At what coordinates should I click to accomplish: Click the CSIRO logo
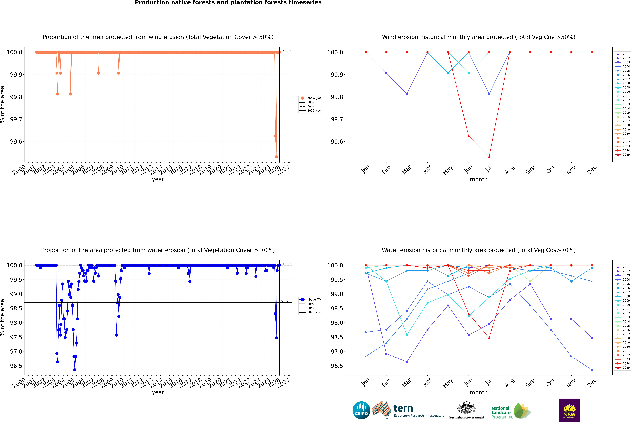(x=361, y=410)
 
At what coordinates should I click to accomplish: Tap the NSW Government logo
(x=569, y=410)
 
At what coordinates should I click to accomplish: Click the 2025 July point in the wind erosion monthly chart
(x=489, y=157)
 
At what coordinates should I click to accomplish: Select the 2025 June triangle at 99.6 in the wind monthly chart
(x=469, y=136)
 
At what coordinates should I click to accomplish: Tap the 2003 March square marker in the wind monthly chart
(x=407, y=94)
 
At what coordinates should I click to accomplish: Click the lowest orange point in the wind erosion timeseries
(x=276, y=157)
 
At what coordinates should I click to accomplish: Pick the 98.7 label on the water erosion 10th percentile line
(x=285, y=301)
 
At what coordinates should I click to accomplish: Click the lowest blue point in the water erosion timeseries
(x=75, y=370)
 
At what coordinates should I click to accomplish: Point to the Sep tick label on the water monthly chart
(x=530, y=383)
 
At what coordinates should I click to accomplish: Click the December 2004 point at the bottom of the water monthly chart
(x=592, y=370)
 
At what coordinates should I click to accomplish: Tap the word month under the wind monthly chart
(x=478, y=180)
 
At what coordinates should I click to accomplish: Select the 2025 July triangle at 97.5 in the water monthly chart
(x=489, y=338)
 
